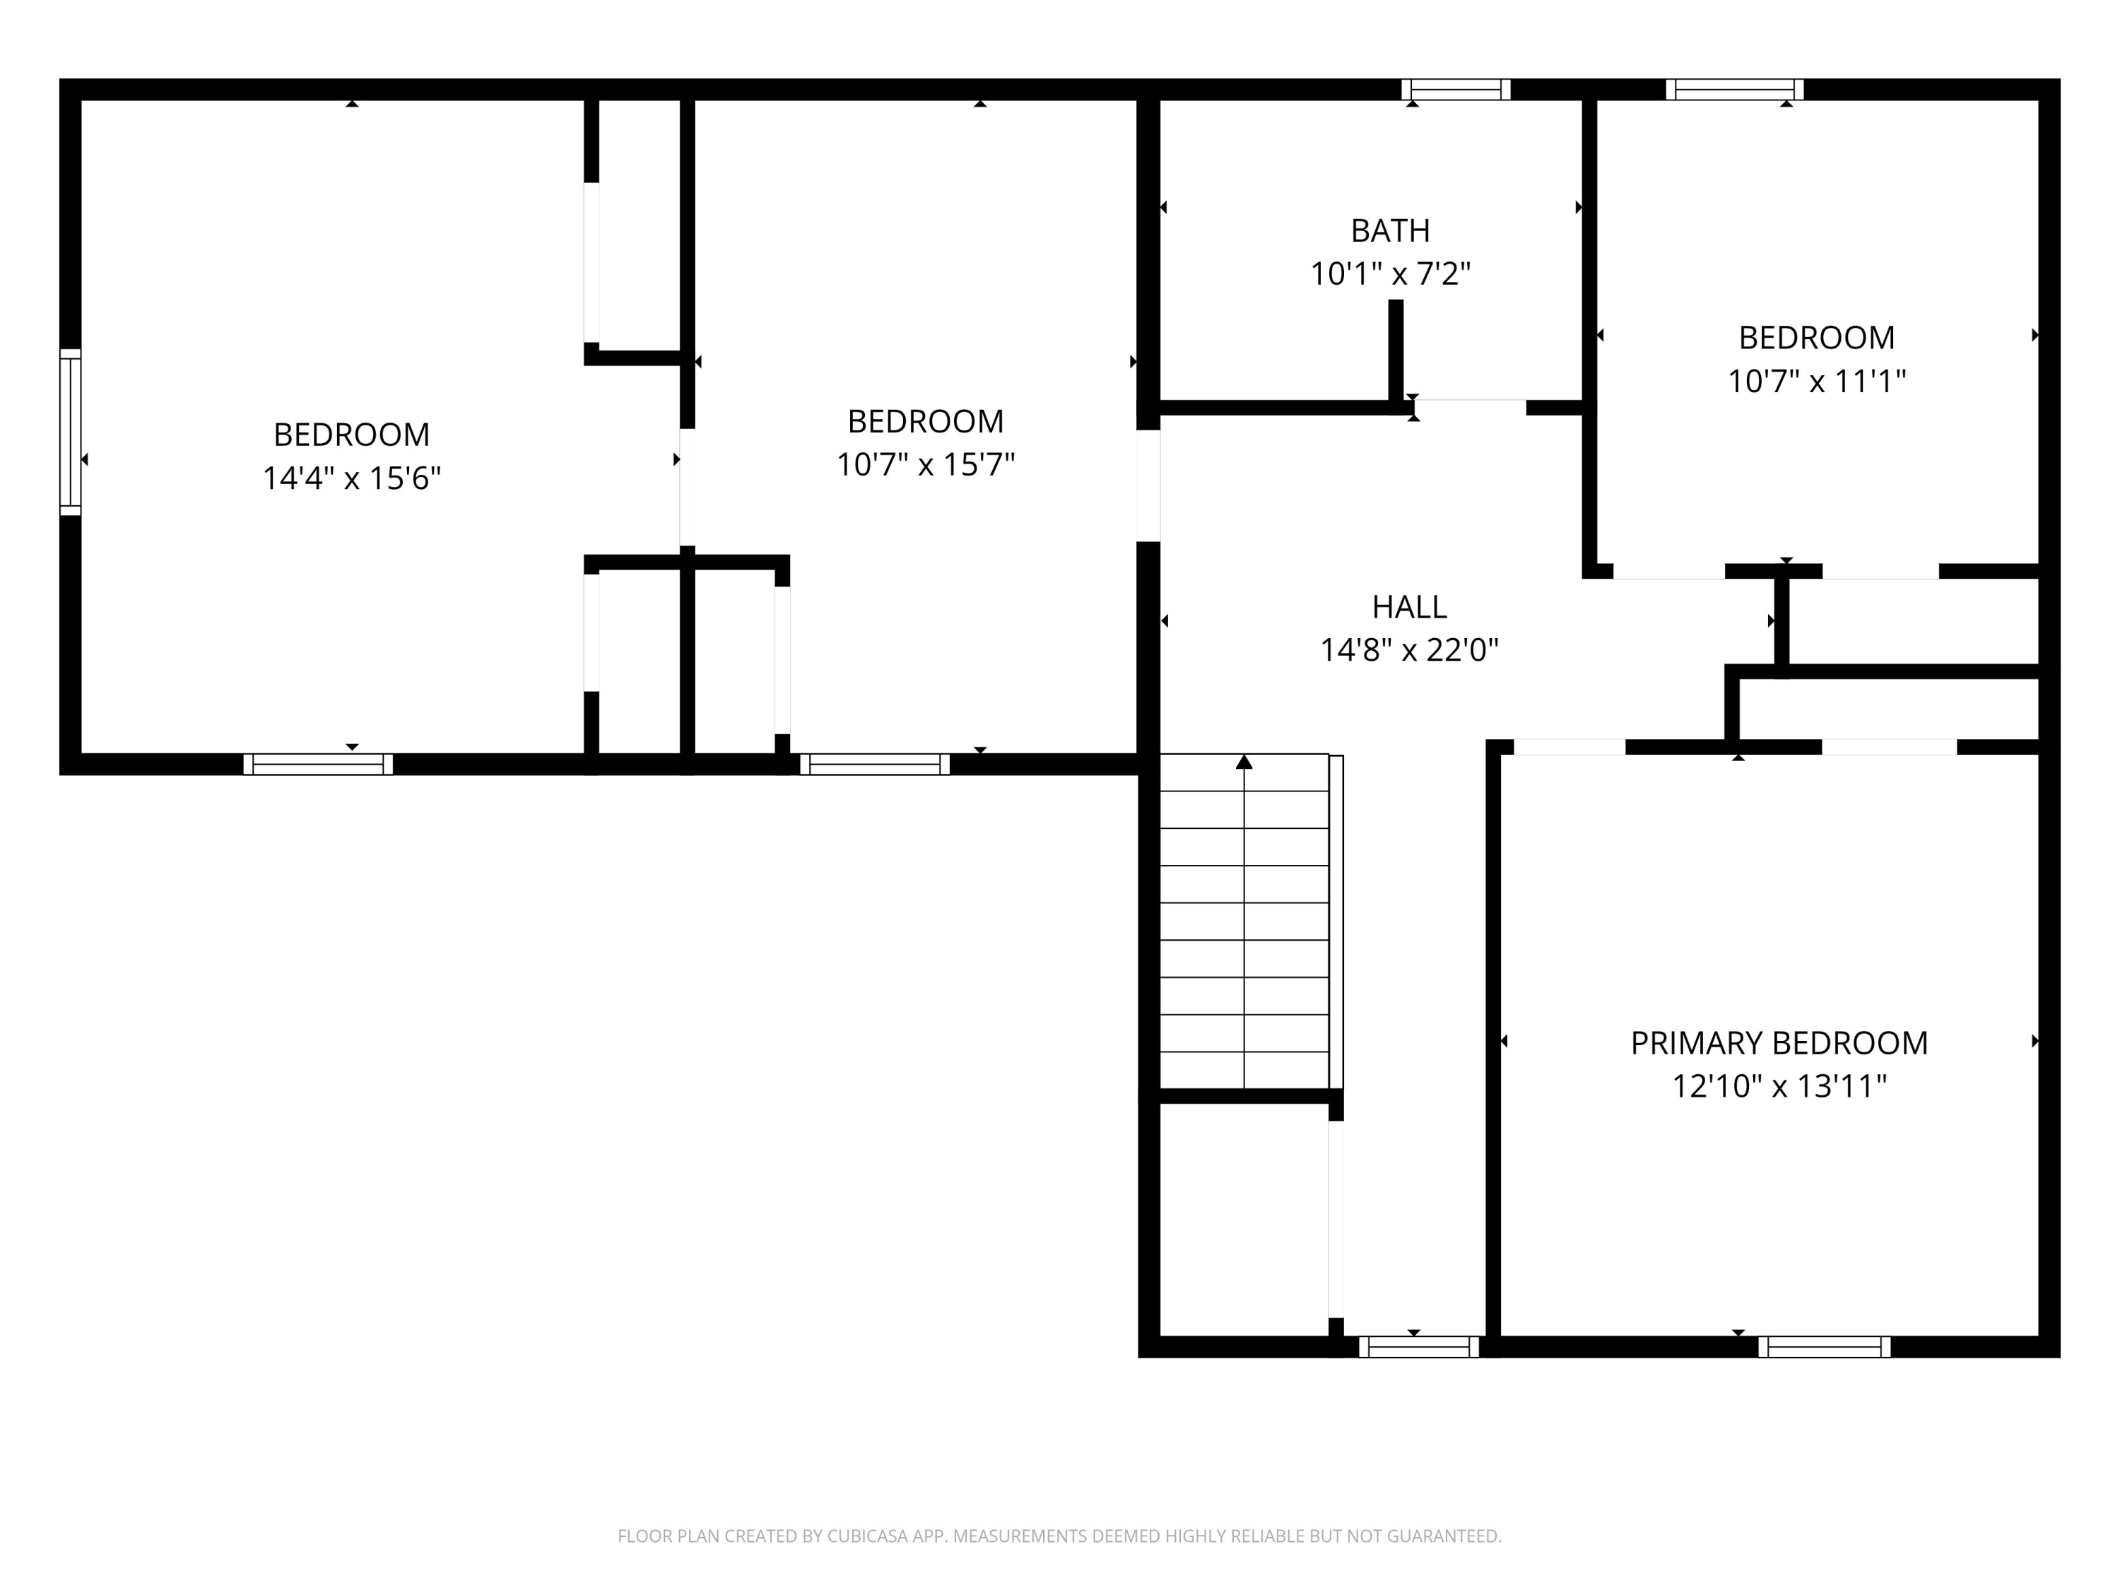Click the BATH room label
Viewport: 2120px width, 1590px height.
pos(1390,231)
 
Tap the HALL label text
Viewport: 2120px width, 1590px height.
pos(1409,606)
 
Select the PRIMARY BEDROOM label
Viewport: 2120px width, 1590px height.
pos(1779,1043)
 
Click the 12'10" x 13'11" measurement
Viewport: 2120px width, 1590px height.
pos(1779,1086)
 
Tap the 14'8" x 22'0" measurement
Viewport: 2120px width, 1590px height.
pos(1409,650)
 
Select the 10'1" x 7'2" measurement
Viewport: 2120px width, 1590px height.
pos(1390,274)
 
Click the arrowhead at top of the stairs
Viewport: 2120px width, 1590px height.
pos(1244,762)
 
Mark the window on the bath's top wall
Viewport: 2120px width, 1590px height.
pos(1456,90)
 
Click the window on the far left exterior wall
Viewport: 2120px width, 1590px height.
pos(70,432)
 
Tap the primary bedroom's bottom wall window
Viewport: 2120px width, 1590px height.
pos(1825,1347)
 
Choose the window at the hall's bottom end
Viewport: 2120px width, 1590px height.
pos(1420,1347)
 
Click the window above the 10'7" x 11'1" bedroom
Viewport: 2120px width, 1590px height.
pos(1735,90)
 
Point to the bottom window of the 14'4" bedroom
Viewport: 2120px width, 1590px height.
pos(318,764)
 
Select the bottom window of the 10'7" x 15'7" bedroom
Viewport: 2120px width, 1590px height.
pos(875,764)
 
